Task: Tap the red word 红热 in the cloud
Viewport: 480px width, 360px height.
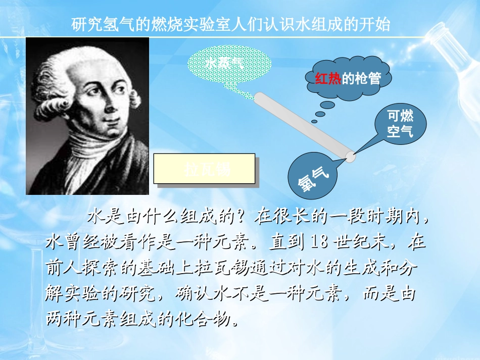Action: pyautogui.click(x=328, y=78)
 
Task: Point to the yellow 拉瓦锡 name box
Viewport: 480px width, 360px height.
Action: pyautogui.click(x=204, y=169)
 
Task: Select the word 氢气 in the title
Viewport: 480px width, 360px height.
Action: pyautogui.click(x=123, y=25)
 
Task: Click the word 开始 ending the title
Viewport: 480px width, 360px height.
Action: pyautogui.click(x=377, y=25)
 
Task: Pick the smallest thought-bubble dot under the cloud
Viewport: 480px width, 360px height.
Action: pyautogui.click(x=314, y=121)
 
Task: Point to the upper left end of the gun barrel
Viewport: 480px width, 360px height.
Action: pyautogui.click(x=258, y=96)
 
